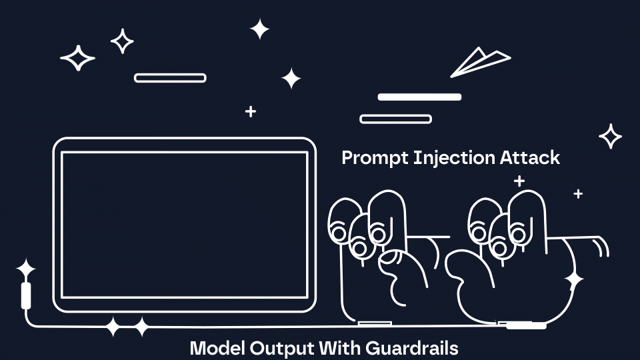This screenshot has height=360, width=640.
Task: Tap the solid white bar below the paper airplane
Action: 419,97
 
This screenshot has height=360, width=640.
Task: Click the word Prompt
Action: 375,159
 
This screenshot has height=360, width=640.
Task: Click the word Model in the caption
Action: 217,348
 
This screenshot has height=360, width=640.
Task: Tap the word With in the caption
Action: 339,348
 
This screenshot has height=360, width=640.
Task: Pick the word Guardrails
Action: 412,348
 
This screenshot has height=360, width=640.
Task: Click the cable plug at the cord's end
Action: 26,295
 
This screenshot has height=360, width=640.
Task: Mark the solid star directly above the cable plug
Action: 26,269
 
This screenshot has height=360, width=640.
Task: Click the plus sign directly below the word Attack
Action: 519,181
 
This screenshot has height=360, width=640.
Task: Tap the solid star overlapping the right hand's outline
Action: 574,279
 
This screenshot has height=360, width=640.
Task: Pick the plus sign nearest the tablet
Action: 251,111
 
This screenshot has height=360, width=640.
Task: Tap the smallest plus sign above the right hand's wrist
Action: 578,193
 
